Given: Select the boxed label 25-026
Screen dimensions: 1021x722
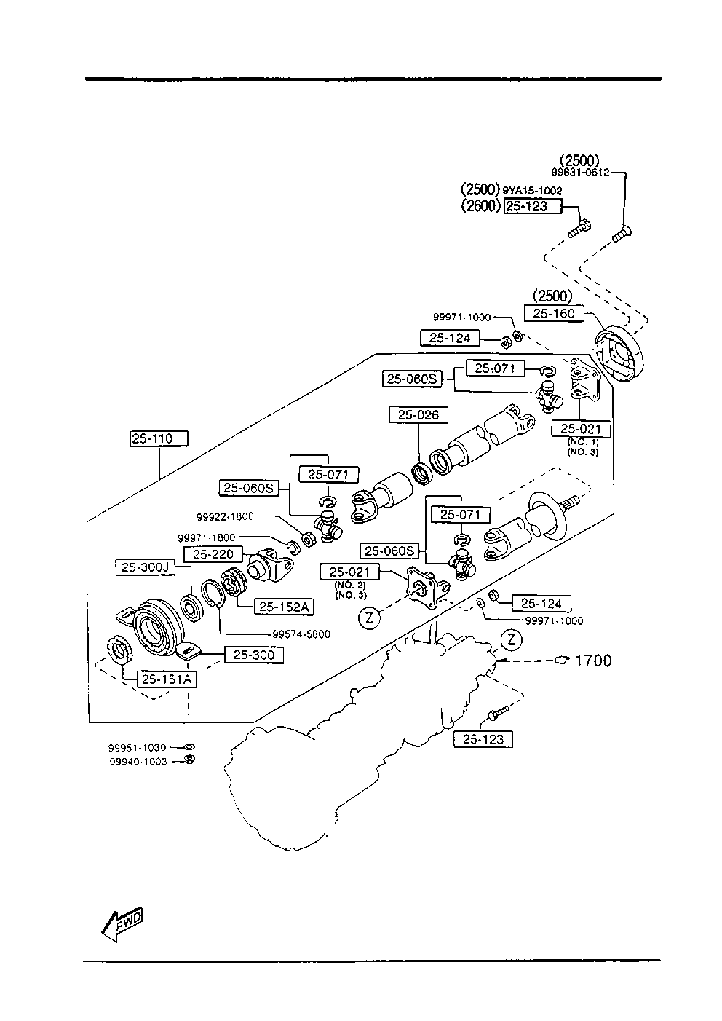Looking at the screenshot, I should coord(418,415).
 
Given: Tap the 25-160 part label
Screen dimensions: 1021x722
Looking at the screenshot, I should coord(554,314).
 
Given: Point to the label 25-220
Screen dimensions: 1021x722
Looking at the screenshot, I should coord(213,554).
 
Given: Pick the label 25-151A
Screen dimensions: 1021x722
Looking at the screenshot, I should coord(166,679).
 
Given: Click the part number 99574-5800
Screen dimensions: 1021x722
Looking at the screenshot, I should coord(301,634).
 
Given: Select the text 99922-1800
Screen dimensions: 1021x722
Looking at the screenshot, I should coord(225,516).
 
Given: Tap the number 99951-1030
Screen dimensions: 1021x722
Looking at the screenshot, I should coord(138,747).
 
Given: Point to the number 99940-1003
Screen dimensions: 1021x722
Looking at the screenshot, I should coord(138,762).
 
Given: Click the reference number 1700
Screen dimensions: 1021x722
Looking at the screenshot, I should coord(593,661).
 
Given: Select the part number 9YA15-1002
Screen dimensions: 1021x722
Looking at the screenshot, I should coord(532,191).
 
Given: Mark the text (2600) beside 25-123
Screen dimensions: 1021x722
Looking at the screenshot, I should coord(480,206).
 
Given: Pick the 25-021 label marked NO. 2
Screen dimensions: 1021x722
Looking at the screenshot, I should coord(349,572).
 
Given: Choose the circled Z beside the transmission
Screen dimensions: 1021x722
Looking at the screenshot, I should coord(512,640).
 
